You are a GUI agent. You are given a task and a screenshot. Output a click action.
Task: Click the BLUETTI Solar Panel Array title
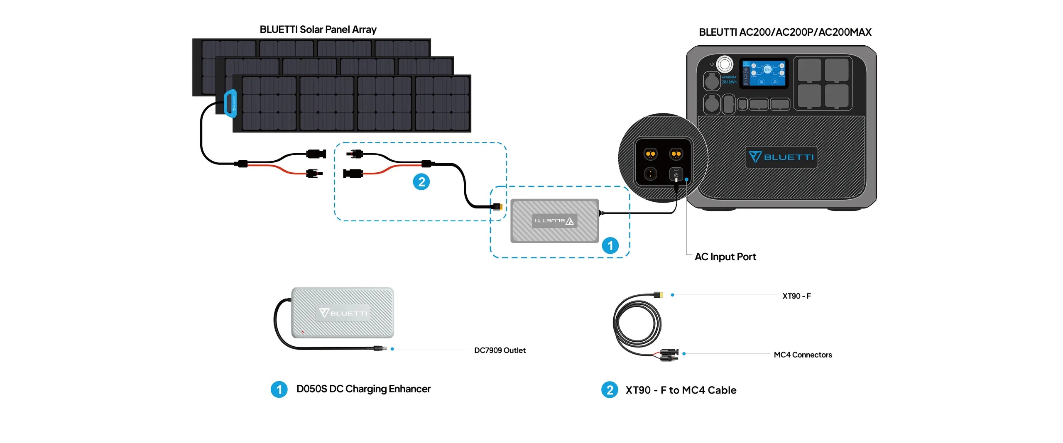pos(318,29)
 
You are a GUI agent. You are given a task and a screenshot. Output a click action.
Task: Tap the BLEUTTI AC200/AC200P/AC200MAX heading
pos(785,32)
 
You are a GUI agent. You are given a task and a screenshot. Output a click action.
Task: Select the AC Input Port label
pos(725,257)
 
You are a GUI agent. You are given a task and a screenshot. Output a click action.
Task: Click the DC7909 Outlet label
pos(500,350)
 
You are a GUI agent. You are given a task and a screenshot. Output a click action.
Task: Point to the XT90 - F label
pos(796,296)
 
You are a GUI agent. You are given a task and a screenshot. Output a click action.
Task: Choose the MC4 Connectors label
pos(802,355)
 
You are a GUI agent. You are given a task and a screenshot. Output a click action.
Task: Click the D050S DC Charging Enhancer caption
pos(363,389)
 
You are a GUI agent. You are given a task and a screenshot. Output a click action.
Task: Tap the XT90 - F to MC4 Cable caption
pos(681,390)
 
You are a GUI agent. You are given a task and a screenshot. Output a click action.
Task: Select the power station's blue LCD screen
pos(764,73)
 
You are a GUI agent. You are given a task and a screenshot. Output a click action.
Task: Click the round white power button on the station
pos(725,64)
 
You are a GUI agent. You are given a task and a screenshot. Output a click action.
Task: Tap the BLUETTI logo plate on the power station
pos(781,157)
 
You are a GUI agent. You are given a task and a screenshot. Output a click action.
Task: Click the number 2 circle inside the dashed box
pos(421,182)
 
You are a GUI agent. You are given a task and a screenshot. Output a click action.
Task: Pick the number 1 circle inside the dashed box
pos(610,245)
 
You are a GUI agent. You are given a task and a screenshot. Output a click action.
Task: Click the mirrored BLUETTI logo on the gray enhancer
pos(554,221)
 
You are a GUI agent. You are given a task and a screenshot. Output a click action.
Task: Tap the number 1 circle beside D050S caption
pos(279,389)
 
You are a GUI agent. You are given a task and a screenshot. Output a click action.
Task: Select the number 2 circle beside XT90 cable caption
pos(609,390)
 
